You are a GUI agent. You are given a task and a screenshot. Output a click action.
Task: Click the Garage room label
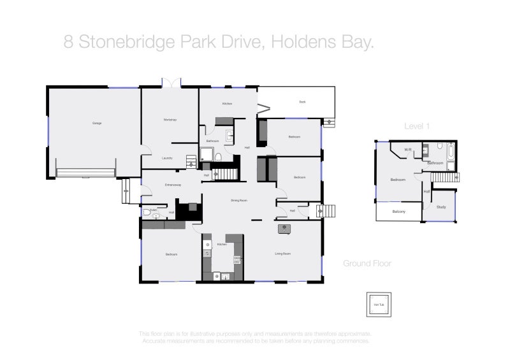[97, 122]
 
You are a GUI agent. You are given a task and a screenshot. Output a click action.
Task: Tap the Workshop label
[170, 120]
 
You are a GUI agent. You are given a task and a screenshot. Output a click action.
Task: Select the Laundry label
[168, 158]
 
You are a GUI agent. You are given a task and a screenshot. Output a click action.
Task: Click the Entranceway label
[173, 185]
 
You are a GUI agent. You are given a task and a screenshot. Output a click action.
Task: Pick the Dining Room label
[239, 201]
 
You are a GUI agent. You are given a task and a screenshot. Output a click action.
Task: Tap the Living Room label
[282, 254]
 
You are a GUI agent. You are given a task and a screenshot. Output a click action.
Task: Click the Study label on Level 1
[442, 207]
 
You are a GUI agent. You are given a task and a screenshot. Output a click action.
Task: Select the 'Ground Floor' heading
[367, 263]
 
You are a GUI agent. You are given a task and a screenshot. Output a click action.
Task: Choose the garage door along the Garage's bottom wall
[85, 172]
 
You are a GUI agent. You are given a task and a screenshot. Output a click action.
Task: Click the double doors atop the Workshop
[170, 83]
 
